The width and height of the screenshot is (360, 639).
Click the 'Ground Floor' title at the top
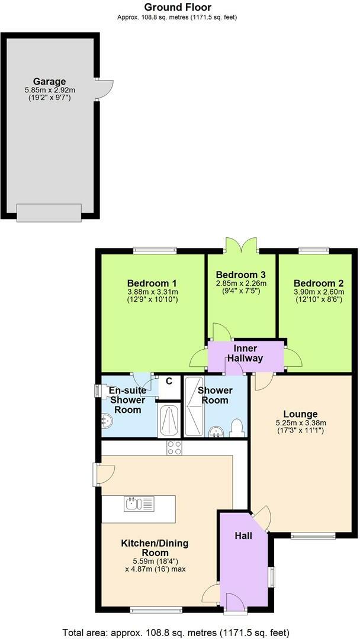coord(178,7)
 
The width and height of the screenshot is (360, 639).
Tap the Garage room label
coord(49,81)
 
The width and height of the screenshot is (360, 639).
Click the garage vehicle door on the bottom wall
coord(49,212)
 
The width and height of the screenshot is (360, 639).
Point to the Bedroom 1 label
coord(152,283)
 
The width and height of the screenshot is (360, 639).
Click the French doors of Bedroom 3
coord(241,245)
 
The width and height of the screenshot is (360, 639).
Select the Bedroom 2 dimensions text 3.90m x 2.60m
coord(318,292)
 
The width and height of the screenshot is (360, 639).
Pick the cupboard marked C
coord(169,382)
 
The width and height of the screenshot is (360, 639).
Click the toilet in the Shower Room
coord(237,427)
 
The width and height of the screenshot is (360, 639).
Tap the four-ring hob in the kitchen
coord(174,448)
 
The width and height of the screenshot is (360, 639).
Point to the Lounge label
coord(300,414)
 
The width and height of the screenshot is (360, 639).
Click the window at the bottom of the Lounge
coord(313,536)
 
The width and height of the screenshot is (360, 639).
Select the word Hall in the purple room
coord(243,536)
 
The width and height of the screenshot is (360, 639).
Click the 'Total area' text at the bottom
coord(176,632)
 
